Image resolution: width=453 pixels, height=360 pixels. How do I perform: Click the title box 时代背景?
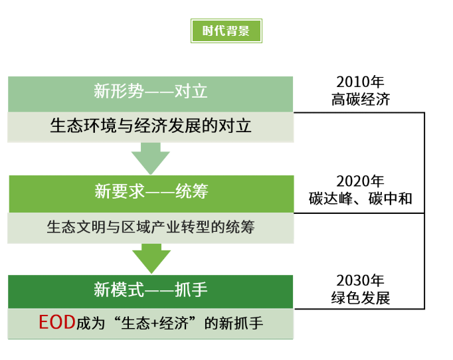[x=226, y=31]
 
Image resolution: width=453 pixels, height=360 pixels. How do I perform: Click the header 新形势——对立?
[x=151, y=91]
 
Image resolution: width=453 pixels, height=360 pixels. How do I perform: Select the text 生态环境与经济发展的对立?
[x=151, y=126]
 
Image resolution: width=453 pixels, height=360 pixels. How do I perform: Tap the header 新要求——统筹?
[x=151, y=191]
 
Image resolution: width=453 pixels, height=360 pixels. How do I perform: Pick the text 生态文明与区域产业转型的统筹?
[x=151, y=226]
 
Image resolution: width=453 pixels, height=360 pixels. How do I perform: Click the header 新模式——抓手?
[x=151, y=290]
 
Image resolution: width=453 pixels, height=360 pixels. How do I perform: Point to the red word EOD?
[x=57, y=322]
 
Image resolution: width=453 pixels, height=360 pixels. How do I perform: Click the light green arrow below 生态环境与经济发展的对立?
[x=151, y=158]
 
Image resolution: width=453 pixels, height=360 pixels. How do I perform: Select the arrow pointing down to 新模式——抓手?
[x=151, y=258]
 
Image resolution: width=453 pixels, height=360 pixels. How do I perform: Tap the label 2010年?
[x=360, y=82]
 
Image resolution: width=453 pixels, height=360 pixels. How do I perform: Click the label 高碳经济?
[x=361, y=100]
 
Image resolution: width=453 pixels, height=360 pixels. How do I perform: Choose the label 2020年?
[x=360, y=181]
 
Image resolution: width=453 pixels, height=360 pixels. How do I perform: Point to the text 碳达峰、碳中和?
[x=360, y=199]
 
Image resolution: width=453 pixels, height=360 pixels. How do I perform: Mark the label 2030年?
[x=360, y=280]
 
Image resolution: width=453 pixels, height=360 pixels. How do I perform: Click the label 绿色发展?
[x=361, y=298]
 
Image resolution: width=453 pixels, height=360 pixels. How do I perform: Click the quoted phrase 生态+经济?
[x=155, y=323]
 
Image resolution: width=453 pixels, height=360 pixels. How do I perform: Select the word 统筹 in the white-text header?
[x=192, y=191]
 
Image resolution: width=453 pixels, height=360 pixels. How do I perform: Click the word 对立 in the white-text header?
[x=191, y=91]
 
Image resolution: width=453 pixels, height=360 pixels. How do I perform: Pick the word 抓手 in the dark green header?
[x=191, y=290]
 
